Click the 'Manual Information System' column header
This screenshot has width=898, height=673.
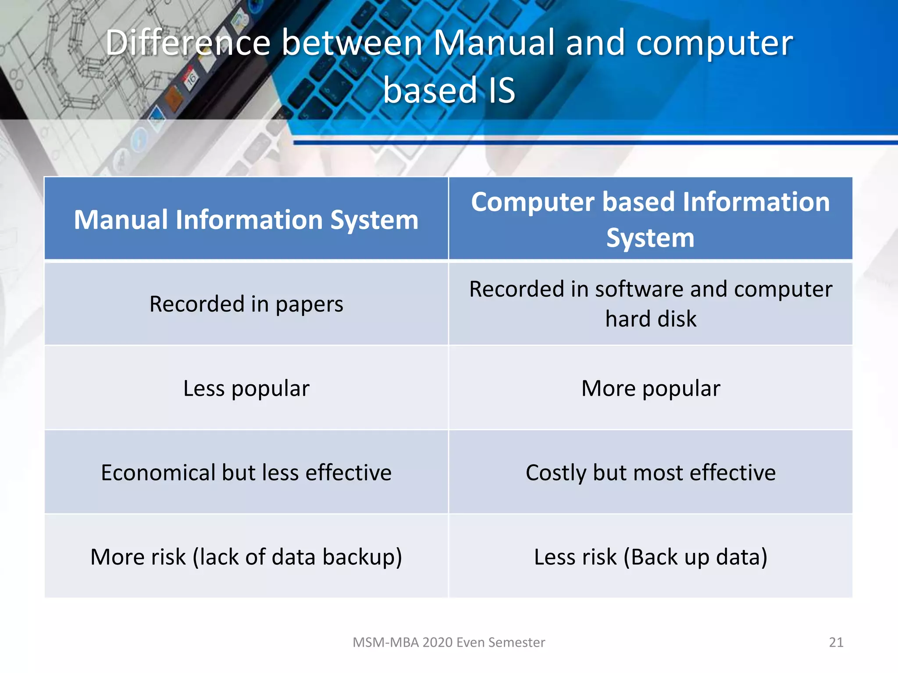tap(246, 220)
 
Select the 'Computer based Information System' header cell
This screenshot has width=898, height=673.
tap(650, 219)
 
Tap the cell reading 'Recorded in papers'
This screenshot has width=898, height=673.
tap(246, 304)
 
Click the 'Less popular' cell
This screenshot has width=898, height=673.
tap(246, 388)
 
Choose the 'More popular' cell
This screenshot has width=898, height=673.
tap(650, 388)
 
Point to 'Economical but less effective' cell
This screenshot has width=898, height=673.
tap(246, 472)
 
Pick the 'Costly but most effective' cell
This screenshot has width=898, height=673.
tap(650, 472)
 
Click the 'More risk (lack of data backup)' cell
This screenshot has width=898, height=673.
tap(246, 557)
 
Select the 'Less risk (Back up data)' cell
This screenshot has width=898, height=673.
tap(650, 557)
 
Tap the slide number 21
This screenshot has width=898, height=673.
tap(836, 642)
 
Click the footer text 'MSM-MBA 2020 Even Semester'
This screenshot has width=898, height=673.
tap(449, 642)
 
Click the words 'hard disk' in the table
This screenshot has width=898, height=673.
tap(651, 319)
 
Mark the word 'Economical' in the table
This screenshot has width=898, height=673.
tap(158, 472)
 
